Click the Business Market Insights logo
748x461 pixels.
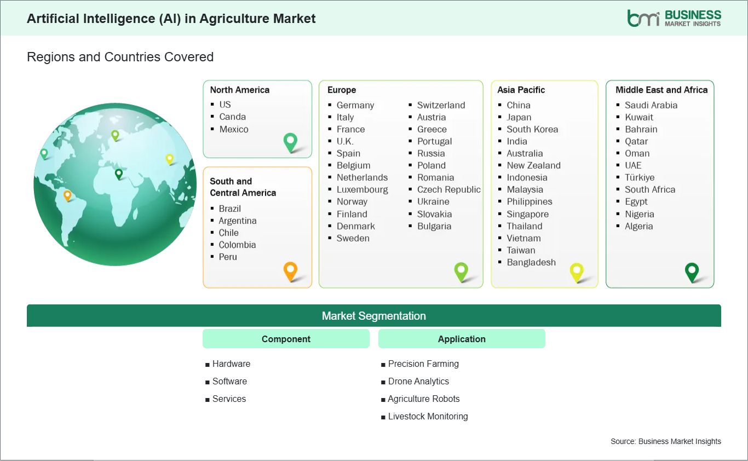(x=674, y=18)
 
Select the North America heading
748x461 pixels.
(x=240, y=90)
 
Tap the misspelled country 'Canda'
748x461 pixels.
(x=232, y=117)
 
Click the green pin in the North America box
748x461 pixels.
(x=290, y=142)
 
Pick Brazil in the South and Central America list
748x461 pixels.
(x=229, y=209)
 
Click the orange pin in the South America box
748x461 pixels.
(x=290, y=270)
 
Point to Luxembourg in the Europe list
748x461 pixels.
(x=362, y=189)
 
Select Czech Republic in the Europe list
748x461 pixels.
(x=448, y=189)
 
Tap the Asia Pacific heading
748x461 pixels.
(x=521, y=90)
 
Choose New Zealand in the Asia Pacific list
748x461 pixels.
(x=533, y=165)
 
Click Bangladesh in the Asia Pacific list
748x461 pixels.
(x=531, y=262)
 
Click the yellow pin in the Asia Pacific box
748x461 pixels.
(x=577, y=271)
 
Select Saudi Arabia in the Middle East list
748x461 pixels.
(x=651, y=105)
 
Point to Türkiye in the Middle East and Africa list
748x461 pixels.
(x=640, y=177)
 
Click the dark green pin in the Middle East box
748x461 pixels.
(x=692, y=271)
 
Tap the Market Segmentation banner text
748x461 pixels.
(x=373, y=316)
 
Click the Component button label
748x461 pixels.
(x=286, y=339)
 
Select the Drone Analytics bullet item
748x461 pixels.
(x=418, y=381)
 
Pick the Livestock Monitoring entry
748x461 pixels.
(x=428, y=416)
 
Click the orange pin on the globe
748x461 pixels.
(x=67, y=195)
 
